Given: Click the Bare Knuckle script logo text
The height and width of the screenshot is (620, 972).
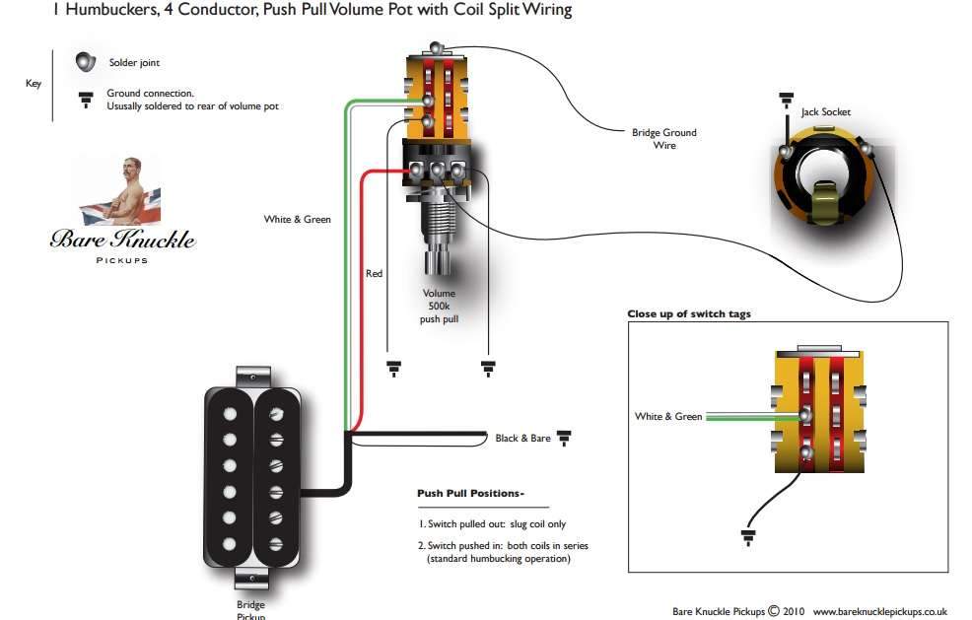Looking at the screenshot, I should [122, 239].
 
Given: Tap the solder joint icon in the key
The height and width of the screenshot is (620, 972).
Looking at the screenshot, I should [86, 62].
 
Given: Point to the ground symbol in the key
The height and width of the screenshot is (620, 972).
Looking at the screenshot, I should [86, 98].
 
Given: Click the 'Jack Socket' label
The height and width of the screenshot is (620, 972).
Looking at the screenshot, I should [825, 112].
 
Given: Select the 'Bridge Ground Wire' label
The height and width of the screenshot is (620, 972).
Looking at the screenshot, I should [663, 139].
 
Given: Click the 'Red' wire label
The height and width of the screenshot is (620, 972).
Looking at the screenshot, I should [374, 273].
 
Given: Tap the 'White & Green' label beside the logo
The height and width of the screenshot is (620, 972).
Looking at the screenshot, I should [297, 219].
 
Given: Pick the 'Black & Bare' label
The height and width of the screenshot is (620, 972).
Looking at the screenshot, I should [522, 438].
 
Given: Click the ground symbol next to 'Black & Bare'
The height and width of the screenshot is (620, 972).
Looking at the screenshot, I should [565, 437].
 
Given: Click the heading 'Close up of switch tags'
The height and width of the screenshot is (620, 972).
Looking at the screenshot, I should [688, 314].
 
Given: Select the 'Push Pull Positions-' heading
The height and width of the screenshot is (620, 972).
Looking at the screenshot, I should [470, 493].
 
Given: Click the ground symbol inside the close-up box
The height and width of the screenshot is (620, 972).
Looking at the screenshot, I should [745, 536].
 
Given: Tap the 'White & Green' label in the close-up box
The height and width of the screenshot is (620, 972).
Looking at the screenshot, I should [668, 417].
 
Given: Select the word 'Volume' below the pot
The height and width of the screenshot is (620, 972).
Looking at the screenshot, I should [439, 294].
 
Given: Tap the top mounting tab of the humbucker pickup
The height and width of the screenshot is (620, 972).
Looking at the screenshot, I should [252, 375].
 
